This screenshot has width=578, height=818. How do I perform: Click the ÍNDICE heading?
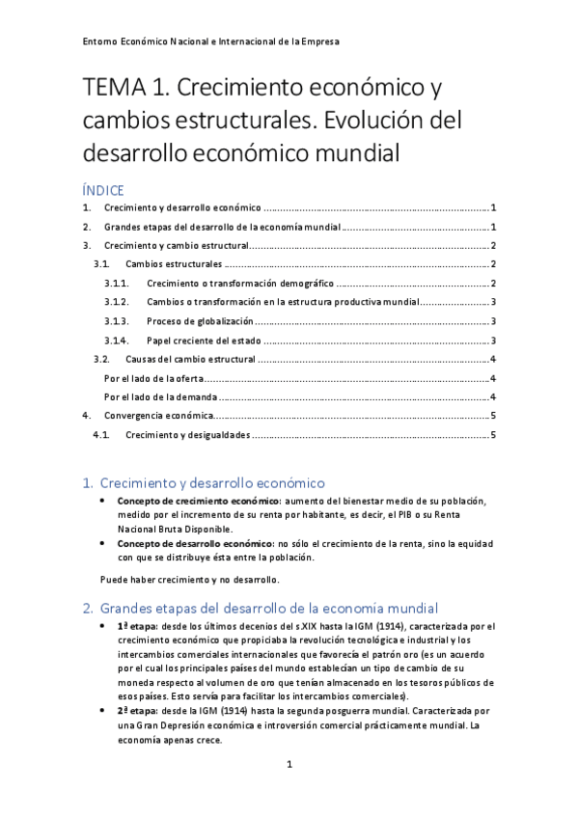point(104,190)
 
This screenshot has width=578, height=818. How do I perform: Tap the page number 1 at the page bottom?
point(289,764)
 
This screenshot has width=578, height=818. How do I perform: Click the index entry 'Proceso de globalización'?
point(200,321)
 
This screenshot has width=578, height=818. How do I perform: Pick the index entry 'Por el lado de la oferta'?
point(153,377)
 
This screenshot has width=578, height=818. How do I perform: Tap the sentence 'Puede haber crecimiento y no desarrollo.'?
point(189,580)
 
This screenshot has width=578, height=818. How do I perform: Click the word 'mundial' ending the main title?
point(356,151)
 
